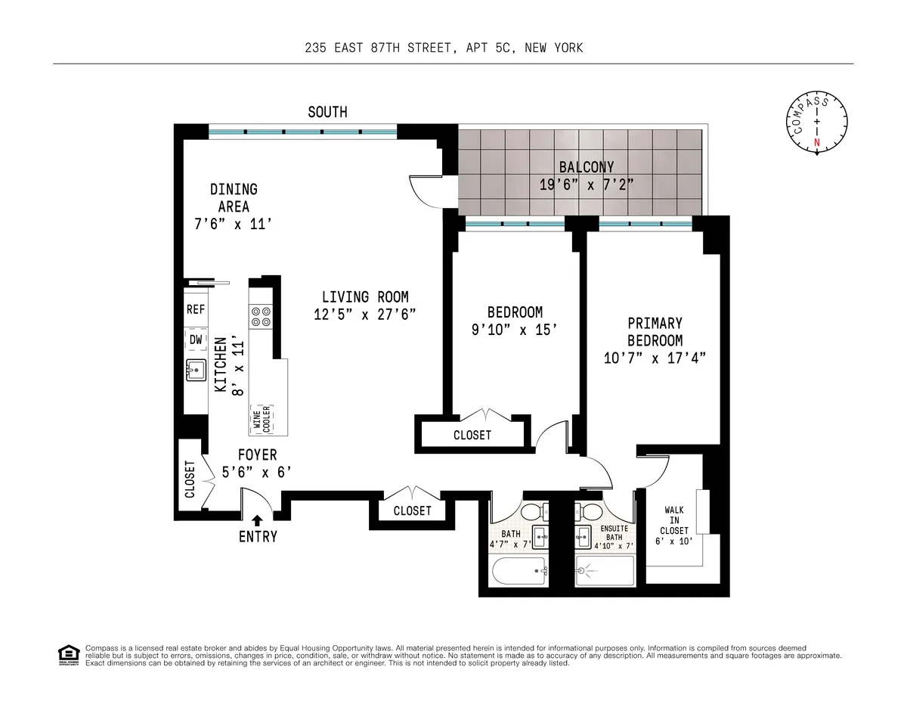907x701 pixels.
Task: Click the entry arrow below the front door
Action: click(x=258, y=520)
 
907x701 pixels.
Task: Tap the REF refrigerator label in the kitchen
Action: click(x=196, y=310)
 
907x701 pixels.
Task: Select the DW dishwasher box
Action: click(x=196, y=340)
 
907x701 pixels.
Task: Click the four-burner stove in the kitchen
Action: click(x=262, y=316)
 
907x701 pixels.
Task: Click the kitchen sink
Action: click(x=196, y=371)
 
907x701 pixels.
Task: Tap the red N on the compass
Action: click(x=816, y=142)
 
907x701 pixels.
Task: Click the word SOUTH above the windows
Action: click(x=327, y=112)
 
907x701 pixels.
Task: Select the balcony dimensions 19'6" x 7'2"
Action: click(x=586, y=183)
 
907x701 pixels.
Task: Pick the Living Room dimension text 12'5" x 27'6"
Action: click(x=364, y=315)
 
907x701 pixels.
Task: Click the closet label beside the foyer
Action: click(x=190, y=480)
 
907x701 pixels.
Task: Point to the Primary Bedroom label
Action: click(x=655, y=332)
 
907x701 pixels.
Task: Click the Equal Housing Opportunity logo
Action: click(x=68, y=655)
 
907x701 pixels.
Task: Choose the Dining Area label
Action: click(x=234, y=197)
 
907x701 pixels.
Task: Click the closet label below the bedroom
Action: click(x=472, y=435)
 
